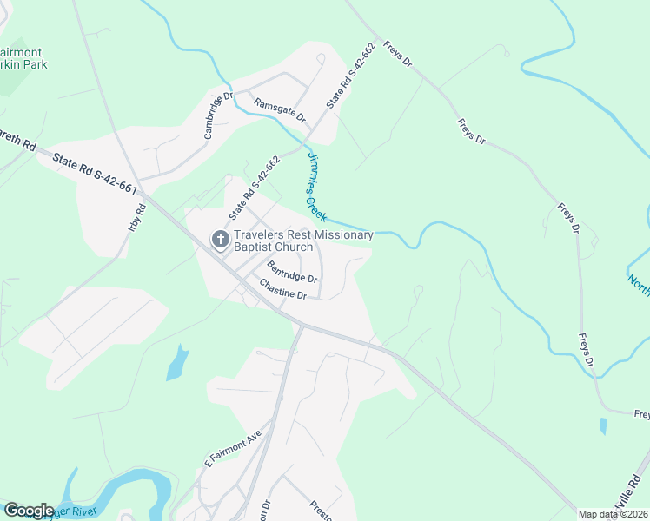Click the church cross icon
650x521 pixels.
click(221, 239)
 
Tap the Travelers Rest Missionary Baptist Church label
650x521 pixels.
click(303, 241)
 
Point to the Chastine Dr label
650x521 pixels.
click(283, 289)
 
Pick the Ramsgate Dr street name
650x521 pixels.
click(280, 109)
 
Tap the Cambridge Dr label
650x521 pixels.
click(219, 115)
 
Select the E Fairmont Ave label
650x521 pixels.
click(233, 446)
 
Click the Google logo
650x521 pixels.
click(29, 511)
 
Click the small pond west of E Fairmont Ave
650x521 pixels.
click(176, 362)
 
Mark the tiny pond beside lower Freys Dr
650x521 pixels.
click(603, 426)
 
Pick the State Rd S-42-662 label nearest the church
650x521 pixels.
click(254, 188)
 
